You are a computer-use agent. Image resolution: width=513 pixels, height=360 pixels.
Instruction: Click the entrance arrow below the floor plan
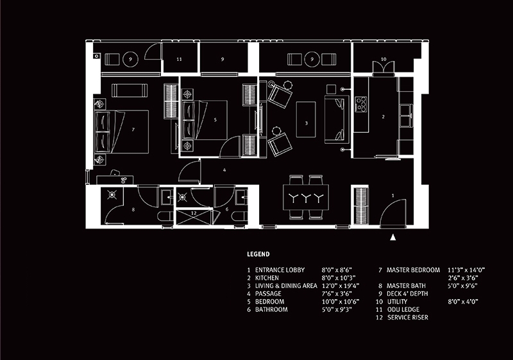(393, 237)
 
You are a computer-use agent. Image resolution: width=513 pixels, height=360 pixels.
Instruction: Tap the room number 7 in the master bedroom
(133, 130)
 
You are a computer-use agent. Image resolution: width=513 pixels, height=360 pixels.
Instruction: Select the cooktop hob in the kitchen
(361, 104)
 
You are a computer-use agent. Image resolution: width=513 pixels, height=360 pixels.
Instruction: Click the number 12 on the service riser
(194, 213)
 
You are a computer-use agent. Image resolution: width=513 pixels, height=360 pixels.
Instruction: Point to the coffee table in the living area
(306, 119)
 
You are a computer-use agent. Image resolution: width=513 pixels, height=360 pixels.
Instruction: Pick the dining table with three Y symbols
(306, 198)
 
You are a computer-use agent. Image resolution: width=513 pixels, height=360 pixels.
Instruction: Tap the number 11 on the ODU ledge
(179, 59)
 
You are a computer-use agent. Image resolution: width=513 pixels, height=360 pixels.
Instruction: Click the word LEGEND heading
(258, 254)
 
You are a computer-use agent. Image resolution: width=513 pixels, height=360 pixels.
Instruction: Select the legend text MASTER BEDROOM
(413, 270)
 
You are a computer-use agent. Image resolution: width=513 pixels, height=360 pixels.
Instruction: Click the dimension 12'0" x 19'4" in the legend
(341, 286)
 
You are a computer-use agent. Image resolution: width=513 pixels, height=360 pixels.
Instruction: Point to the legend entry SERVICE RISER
(408, 317)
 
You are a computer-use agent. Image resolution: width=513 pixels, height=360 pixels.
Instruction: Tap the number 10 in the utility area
(383, 59)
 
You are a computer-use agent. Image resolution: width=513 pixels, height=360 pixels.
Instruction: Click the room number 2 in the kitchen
(383, 117)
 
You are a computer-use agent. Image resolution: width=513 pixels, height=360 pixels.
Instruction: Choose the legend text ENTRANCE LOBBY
(280, 270)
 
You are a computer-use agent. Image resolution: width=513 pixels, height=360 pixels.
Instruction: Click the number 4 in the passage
(224, 170)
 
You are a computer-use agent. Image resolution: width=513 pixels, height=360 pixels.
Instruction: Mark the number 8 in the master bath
(133, 209)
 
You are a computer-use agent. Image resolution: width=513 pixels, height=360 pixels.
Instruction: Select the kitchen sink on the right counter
(406, 116)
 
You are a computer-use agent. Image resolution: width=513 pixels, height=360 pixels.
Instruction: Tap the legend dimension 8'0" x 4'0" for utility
(463, 302)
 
